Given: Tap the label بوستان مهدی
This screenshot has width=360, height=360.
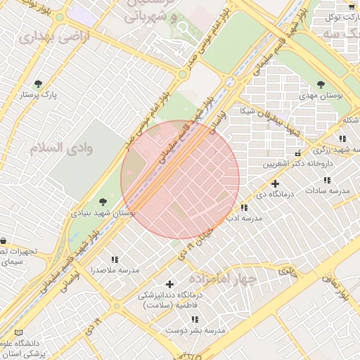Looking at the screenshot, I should [320, 96].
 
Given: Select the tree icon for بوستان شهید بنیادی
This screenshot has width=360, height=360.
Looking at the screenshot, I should [104, 202].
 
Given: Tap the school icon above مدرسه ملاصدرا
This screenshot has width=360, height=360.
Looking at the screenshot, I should [115, 260].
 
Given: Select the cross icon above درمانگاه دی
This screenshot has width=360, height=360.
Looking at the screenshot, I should [275, 184].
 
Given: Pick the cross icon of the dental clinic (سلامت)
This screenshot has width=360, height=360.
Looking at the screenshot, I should [169, 284].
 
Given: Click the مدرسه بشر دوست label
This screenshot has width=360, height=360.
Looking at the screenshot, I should [195, 330].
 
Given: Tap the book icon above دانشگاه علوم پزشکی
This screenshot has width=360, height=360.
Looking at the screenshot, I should [18, 333].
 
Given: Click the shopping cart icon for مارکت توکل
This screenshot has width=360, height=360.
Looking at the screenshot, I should [351, 6].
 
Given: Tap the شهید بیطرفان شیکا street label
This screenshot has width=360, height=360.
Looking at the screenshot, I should [271, 122].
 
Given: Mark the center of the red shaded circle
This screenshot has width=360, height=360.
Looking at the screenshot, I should [180, 179].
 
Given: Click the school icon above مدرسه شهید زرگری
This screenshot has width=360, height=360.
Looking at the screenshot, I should [342, 139].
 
